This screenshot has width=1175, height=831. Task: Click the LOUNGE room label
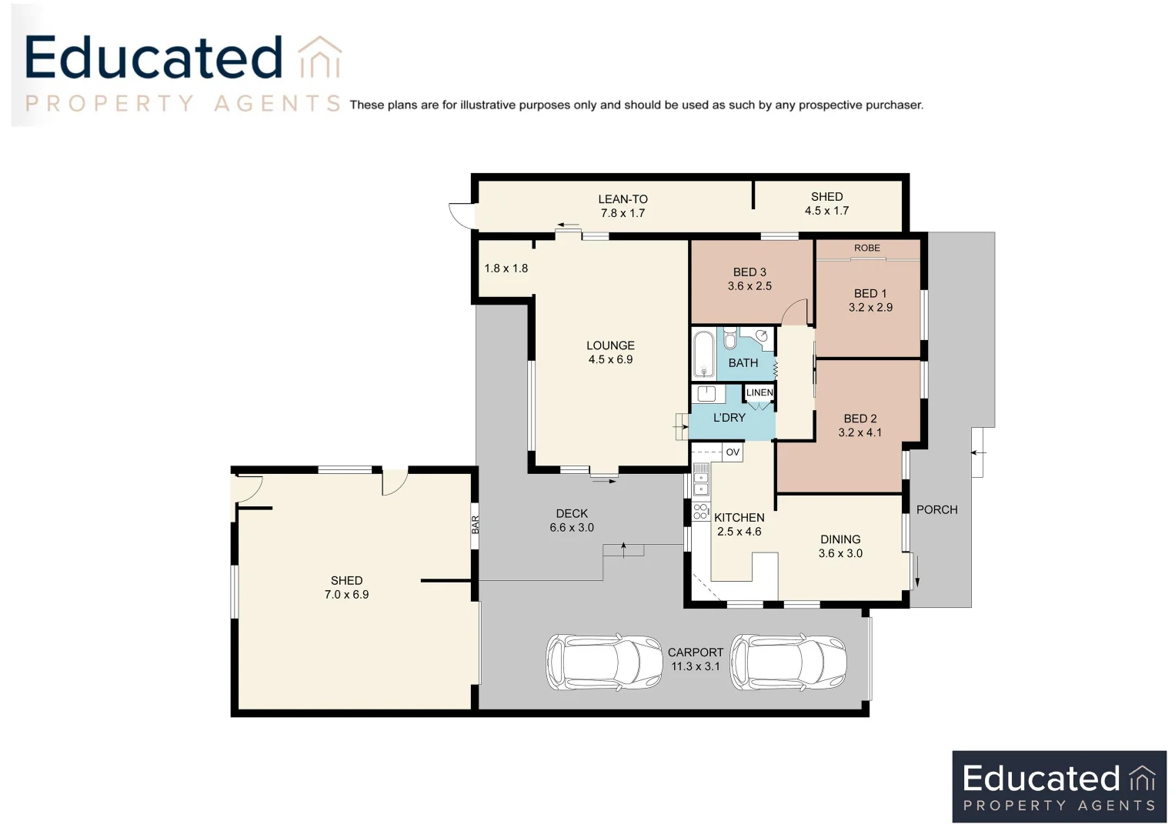point(610,345)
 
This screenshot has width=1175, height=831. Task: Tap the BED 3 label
point(749,272)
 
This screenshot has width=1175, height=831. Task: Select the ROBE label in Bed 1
point(866,248)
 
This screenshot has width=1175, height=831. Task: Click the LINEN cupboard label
point(759,392)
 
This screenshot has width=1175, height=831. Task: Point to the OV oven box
point(733,452)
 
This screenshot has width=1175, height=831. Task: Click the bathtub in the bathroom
point(703,353)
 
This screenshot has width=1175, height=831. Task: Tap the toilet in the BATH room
point(729,339)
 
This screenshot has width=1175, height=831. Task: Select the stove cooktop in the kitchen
point(700,512)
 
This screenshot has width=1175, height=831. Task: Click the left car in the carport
point(604,662)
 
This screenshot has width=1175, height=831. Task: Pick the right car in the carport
point(788,662)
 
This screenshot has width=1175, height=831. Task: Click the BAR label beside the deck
point(476,525)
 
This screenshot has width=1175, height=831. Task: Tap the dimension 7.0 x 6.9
point(346,594)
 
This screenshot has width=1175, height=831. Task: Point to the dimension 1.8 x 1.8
point(506,269)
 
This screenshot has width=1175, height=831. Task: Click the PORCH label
point(937,509)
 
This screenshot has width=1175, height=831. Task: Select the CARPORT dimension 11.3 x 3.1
point(695,666)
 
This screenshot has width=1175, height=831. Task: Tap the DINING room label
point(840,539)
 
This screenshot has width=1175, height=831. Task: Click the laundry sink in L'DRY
point(706,393)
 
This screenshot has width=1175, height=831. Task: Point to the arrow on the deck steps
point(623,550)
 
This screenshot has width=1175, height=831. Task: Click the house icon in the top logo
point(320,57)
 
